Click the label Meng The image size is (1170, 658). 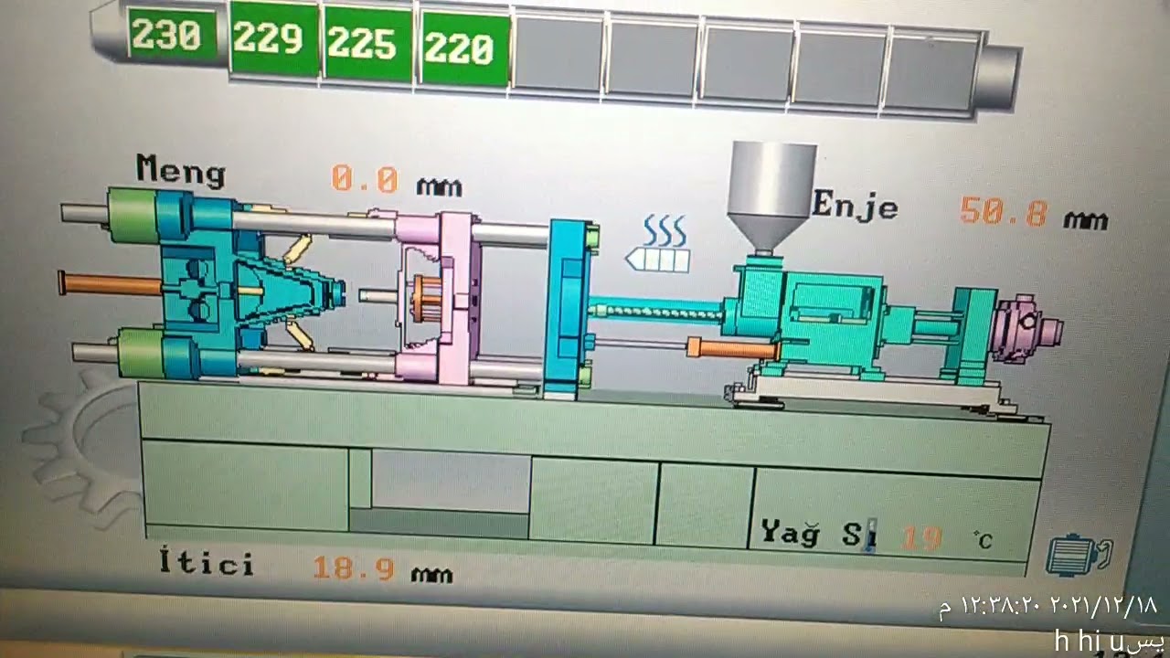coord(180,170)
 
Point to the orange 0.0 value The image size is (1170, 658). coord(366,179)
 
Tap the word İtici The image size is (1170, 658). coord(207,562)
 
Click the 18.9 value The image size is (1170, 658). coord(355,568)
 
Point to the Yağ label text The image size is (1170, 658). coord(791,532)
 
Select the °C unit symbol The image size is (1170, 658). coord(983,541)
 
